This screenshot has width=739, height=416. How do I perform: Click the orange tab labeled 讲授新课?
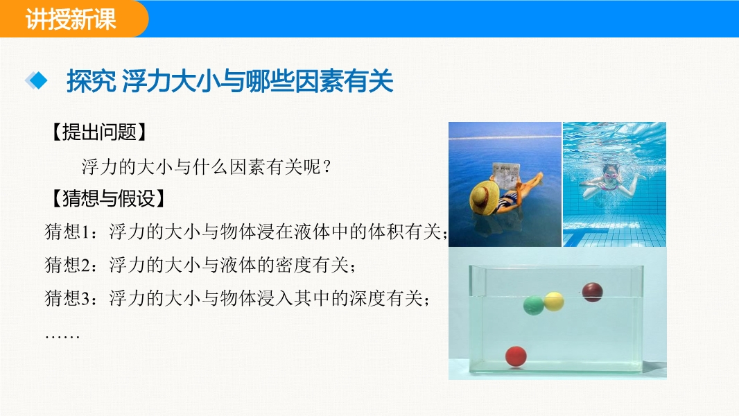[71, 19]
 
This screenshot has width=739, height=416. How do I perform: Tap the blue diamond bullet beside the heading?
[36, 80]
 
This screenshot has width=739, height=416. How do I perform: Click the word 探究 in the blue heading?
[92, 81]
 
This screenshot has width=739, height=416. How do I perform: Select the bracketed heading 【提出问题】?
[99, 132]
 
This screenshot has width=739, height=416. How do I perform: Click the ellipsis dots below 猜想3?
[62, 336]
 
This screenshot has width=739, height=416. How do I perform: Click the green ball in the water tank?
[534, 305]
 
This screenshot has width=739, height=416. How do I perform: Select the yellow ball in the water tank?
[554, 302]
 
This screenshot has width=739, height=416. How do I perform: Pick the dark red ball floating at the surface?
[593, 292]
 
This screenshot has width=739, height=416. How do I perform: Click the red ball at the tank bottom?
[516, 356]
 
